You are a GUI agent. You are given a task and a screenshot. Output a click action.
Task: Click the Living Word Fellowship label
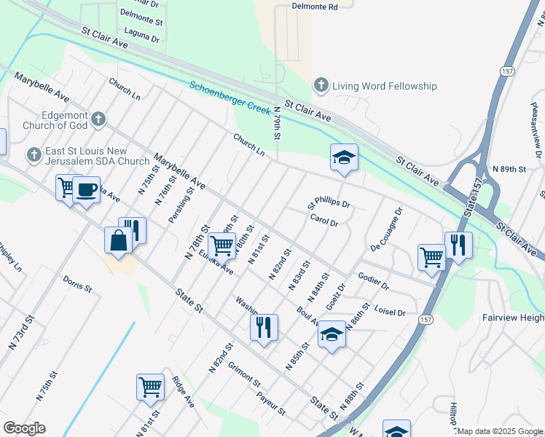coord(385,86)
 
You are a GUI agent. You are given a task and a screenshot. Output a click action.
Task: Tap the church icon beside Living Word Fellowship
coord(320,86)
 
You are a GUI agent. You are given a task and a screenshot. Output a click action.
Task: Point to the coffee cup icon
coord(86,189)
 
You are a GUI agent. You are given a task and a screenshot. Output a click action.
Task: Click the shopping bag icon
coord(118,240)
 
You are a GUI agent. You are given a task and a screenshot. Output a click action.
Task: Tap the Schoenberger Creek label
coord(230,95)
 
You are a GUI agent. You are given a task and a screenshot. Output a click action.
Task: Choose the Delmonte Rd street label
coord(315,7)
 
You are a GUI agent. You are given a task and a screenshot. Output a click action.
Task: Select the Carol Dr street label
coord(324,219)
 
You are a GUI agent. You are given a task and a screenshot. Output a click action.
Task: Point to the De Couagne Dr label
coord(386,227)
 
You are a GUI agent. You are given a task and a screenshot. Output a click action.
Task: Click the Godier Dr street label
coord(374,280)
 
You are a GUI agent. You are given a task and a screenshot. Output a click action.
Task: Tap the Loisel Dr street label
coord(389,310)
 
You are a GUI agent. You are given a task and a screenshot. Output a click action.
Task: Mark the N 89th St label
coord(509,169)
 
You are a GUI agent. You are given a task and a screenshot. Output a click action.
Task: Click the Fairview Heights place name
coord(513,318)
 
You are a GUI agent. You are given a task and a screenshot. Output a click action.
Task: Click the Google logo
coord(24,428)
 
